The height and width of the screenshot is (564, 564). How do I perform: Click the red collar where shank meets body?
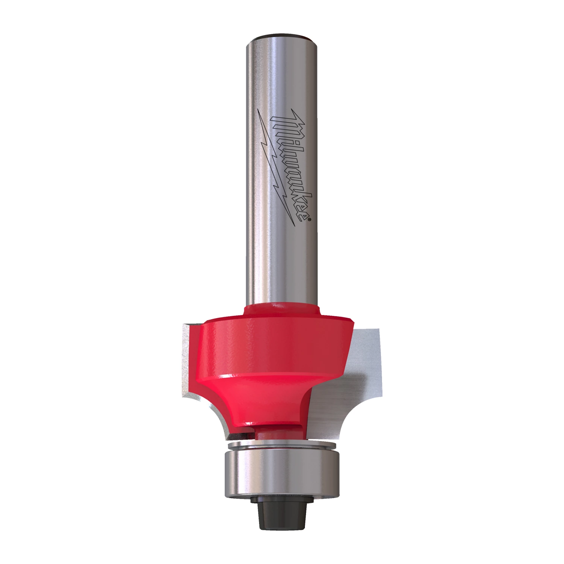coord(281,310)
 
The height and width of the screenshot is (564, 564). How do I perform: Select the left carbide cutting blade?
coord(188,361)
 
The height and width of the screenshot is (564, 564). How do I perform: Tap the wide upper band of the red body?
coord(274,346)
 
